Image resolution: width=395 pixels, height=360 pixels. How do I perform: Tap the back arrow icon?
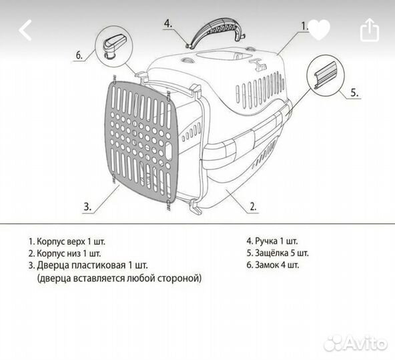25,30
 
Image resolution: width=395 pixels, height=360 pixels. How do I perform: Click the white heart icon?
319,30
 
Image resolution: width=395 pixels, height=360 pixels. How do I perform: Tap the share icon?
370,30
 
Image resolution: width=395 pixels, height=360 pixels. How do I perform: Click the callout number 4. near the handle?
168,23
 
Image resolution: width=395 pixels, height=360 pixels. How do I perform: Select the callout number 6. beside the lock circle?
79,55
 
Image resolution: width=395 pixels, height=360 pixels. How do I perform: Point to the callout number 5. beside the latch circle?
354,93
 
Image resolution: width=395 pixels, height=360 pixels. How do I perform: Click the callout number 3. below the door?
87,207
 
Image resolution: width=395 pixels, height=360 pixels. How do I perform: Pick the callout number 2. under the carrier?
253,207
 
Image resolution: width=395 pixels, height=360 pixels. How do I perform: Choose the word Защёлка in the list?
272,253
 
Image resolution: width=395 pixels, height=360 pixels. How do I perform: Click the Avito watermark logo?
356,343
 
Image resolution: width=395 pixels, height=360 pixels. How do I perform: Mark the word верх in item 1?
76,242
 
